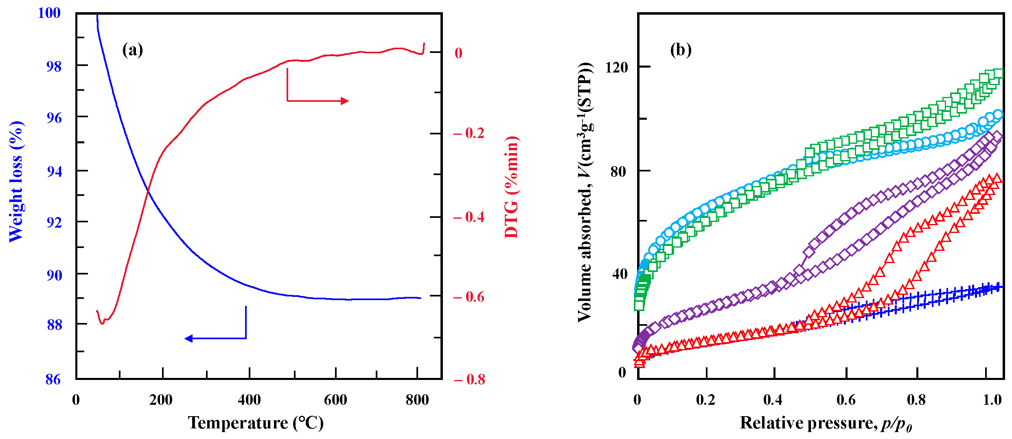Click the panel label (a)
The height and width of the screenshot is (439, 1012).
[132, 50]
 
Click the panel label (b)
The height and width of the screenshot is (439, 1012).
[681, 50]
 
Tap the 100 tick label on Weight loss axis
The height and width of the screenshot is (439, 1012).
[49, 13]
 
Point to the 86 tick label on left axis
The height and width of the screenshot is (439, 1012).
[53, 380]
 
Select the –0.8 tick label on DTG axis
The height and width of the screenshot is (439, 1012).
[469, 380]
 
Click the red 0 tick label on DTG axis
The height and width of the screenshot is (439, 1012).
[458, 53]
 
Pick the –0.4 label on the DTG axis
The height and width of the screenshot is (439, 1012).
[469, 217]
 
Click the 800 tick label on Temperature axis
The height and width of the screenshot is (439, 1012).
[417, 400]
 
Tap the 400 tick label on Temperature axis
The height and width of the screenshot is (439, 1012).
[249, 400]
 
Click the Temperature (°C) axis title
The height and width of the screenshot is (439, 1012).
[256, 423]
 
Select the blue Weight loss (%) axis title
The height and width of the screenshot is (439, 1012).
[16, 181]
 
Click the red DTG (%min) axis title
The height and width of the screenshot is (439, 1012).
[512, 187]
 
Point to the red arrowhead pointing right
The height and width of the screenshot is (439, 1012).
[345, 101]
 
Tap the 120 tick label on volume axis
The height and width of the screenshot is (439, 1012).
[617, 67]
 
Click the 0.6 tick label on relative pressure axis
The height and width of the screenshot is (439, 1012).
[846, 400]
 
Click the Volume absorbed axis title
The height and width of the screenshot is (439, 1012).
[585, 191]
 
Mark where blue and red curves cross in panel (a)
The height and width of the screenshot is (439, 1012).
[148, 191]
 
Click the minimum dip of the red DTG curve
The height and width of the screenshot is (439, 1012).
[102, 323]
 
